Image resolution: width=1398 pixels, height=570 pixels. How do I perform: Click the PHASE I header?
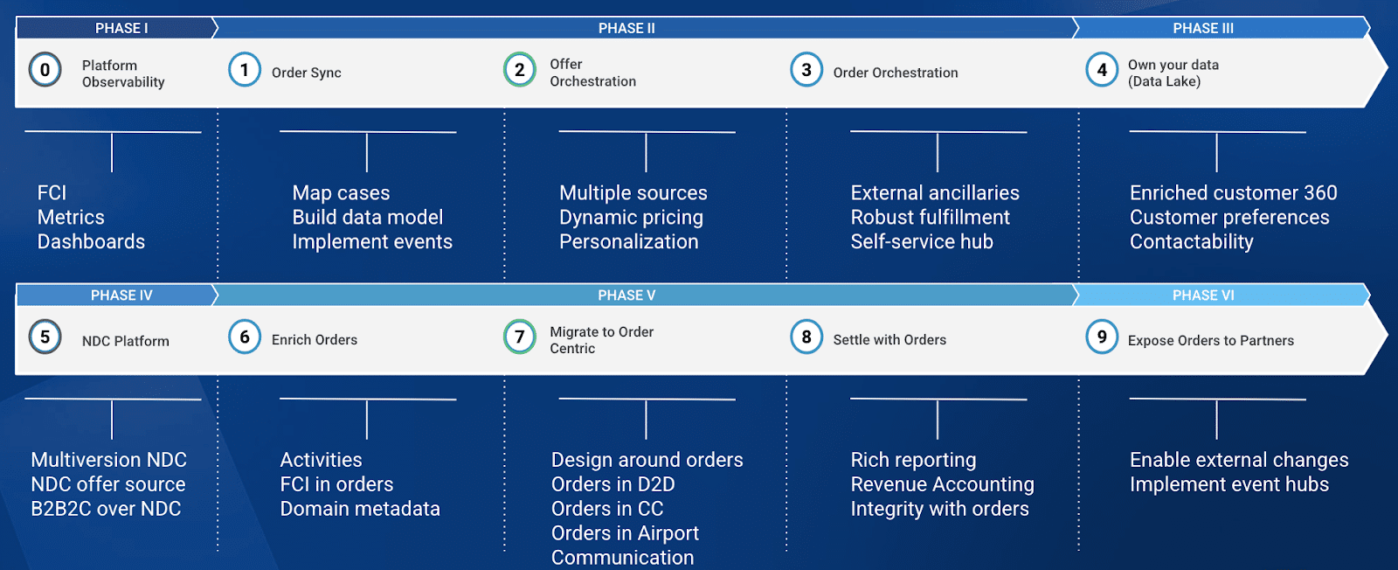pyautogui.click(x=121, y=28)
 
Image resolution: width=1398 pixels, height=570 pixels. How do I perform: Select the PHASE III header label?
pyautogui.click(x=1203, y=28)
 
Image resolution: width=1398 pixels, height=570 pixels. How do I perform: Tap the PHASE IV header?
pyautogui.click(x=121, y=295)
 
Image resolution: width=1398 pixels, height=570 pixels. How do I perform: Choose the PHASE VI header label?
pyautogui.click(x=1203, y=295)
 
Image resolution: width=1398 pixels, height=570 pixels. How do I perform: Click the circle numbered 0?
pyautogui.click(x=45, y=70)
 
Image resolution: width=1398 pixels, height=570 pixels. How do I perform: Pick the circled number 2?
pyautogui.click(x=520, y=70)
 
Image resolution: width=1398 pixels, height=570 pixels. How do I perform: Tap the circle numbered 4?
pyautogui.click(x=1102, y=70)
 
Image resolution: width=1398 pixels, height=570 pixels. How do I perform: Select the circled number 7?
pyautogui.click(x=520, y=337)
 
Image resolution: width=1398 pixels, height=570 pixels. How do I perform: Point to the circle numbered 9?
pyautogui.click(x=1102, y=337)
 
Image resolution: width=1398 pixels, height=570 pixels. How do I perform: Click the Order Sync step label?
pyautogui.click(x=306, y=73)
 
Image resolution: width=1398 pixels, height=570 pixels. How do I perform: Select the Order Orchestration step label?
pyautogui.click(x=895, y=73)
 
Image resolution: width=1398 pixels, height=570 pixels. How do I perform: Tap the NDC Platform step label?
pyautogui.click(x=125, y=341)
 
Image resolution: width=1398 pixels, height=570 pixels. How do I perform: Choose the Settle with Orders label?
pyautogui.click(x=889, y=340)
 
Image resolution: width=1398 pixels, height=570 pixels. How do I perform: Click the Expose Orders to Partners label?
pyautogui.click(x=1210, y=341)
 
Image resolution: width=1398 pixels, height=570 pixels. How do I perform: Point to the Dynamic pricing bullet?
pyautogui.click(x=631, y=218)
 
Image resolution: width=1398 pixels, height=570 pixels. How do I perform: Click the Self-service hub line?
pyautogui.click(x=922, y=242)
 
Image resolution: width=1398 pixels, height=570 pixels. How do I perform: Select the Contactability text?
pyautogui.click(x=1191, y=242)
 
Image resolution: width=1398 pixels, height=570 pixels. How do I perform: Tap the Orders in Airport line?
pyautogui.click(x=625, y=533)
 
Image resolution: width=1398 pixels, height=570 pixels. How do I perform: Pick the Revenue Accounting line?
pyautogui.click(x=942, y=484)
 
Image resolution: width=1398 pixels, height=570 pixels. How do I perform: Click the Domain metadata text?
pyautogui.click(x=360, y=509)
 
